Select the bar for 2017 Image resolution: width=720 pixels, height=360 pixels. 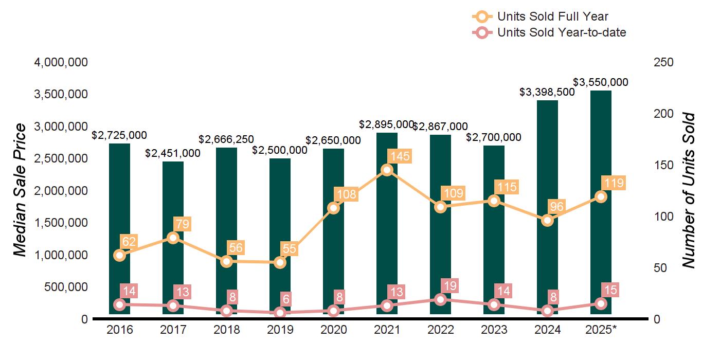[173, 237]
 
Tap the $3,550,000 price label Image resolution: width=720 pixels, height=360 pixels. [601, 82]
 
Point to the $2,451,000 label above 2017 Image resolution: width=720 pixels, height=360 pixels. [173, 153]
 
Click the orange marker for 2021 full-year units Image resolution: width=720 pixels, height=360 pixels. [387, 170]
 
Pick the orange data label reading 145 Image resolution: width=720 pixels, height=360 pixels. [400, 156]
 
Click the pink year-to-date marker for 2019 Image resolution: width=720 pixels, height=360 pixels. [280, 313]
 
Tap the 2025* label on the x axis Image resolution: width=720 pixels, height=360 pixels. [601, 330]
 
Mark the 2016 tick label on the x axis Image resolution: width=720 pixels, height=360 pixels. [119, 330]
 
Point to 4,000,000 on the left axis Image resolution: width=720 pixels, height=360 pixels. [61, 62]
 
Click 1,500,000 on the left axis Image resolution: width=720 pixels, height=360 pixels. [61, 223]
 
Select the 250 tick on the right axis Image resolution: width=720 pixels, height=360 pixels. [663, 62]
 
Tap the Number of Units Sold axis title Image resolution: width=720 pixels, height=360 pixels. [689, 190]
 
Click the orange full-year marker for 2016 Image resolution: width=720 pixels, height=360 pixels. [119, 255]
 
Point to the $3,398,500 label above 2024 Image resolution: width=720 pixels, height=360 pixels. [547, 92]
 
